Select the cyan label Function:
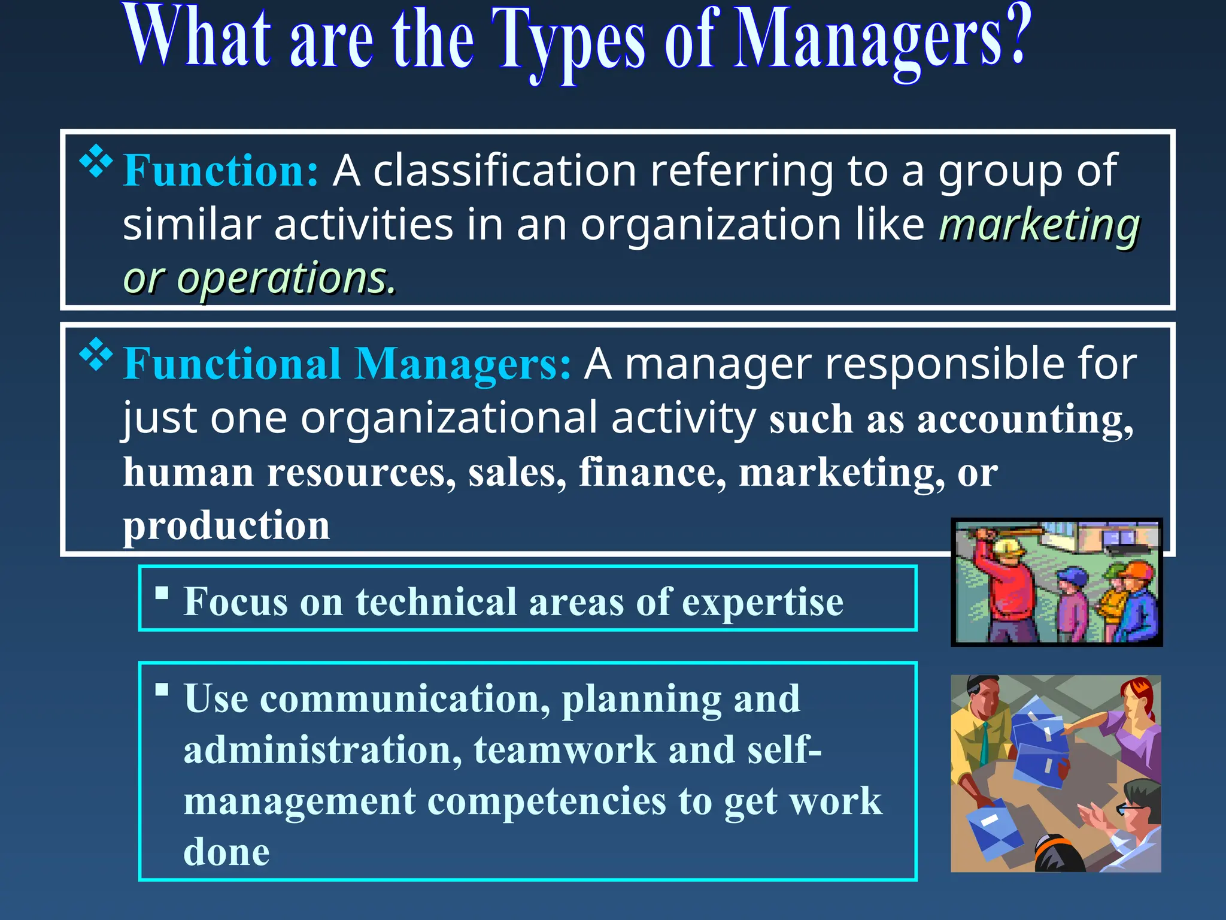click(x=220, y=171)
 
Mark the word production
click(x=226, y=525)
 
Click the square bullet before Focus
click(x=162, y=593)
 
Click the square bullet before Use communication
click(x=162, y=689)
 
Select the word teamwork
click(x=565, y=749)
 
